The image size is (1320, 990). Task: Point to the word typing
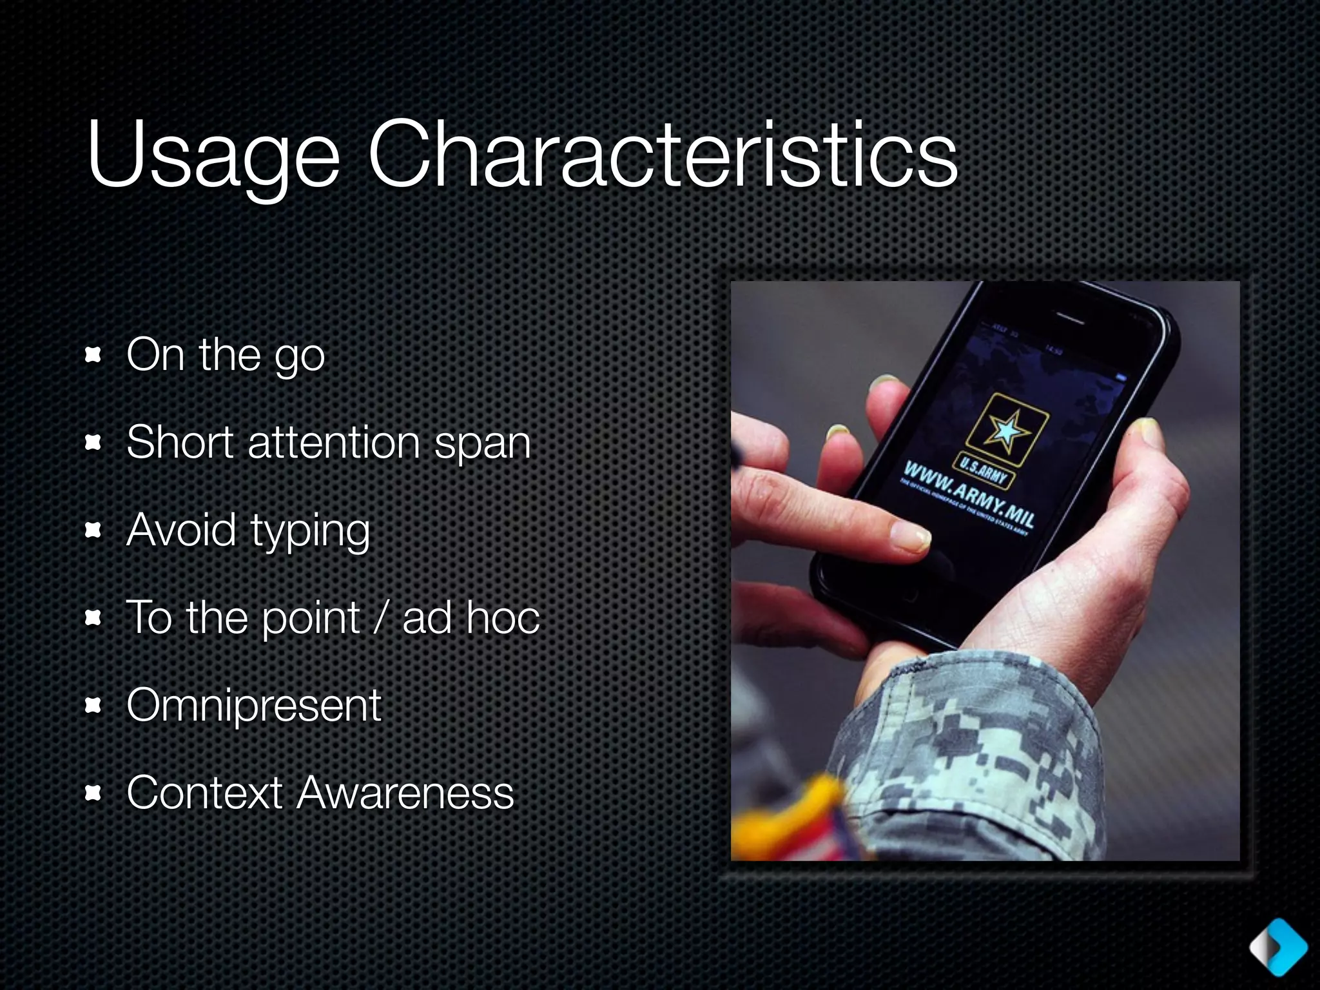pos(310,531)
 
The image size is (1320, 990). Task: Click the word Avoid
pos(181,530)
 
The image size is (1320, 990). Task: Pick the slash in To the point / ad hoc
pos(380,617)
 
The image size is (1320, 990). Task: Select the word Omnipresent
pos(254,704)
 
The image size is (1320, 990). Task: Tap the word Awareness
pos(405,792)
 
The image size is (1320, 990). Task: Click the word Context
pos(205,792)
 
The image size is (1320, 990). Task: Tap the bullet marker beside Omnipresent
pos(94,706)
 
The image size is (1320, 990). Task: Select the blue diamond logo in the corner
pos(1278,947)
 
